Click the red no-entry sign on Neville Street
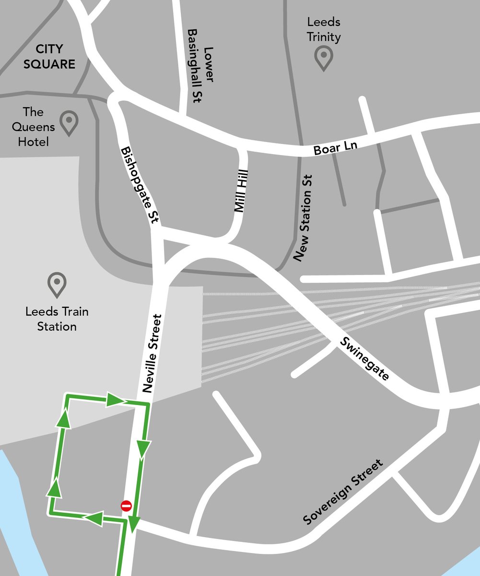tap(126, 506)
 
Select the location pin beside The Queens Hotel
tap(69, 122)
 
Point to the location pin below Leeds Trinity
tap(324, 58)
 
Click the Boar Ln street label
tap(336, 147)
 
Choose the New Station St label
tap(305, 217)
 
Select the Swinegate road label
tap(364, 359)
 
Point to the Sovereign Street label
tap(344, 492)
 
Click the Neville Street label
tap(153, 354)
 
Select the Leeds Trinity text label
tap(325, 29)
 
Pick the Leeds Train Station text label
tap(57, 319)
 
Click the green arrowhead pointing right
tap(115, 400)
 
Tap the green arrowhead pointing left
tap(94, 517)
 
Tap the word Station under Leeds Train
tap(57, 327)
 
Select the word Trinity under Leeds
tap(325, 36)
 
